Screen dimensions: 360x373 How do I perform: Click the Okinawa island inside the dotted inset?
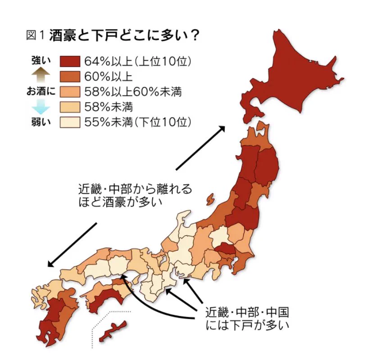112,331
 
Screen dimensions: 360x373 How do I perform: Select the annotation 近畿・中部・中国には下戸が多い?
247,317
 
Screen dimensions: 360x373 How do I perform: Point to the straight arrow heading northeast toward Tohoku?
200,148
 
